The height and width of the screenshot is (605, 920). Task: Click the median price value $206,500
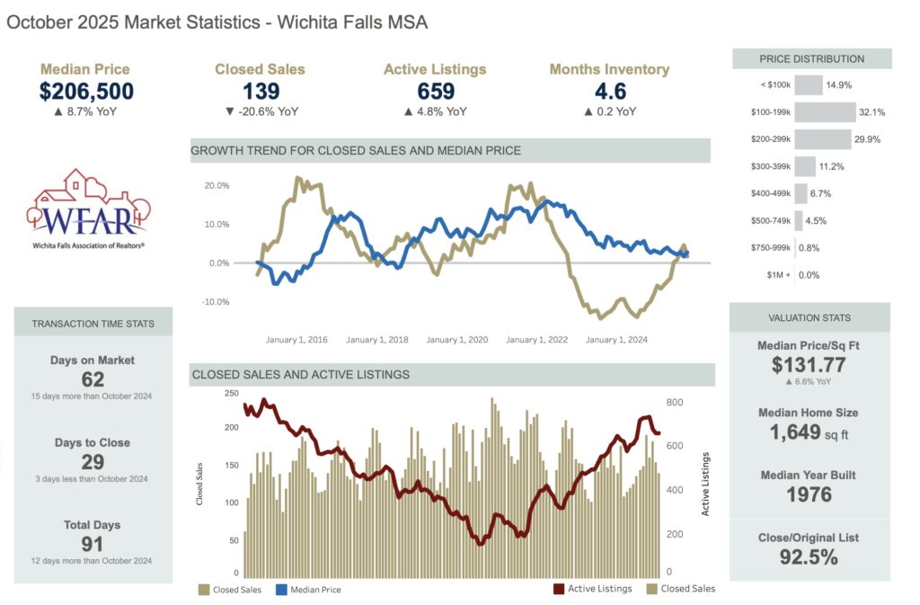click(x=86, y=91)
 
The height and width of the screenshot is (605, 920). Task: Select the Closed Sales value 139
click(x=261, y=91)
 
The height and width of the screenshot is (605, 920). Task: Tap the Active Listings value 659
click(x=435, y=91)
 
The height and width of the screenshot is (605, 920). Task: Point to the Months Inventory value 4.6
click(x=609, y=91)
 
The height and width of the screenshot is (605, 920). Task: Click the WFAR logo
click(x=87, y=207)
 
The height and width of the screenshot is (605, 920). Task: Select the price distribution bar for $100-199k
click(x=825, y=112)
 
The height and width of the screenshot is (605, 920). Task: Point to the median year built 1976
click(x=809, y=494)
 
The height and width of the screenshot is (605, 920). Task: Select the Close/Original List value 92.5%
click(x=809, y=556)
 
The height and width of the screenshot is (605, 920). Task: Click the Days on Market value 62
click(x=93, y=379)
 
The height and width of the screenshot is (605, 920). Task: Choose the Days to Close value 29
click(x=93, y=462)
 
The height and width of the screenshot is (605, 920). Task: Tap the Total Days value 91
click(x=93, y=544)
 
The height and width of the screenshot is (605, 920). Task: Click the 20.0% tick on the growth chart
click(x=217, y=185)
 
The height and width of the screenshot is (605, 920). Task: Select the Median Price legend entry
click(x=307, y=590)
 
